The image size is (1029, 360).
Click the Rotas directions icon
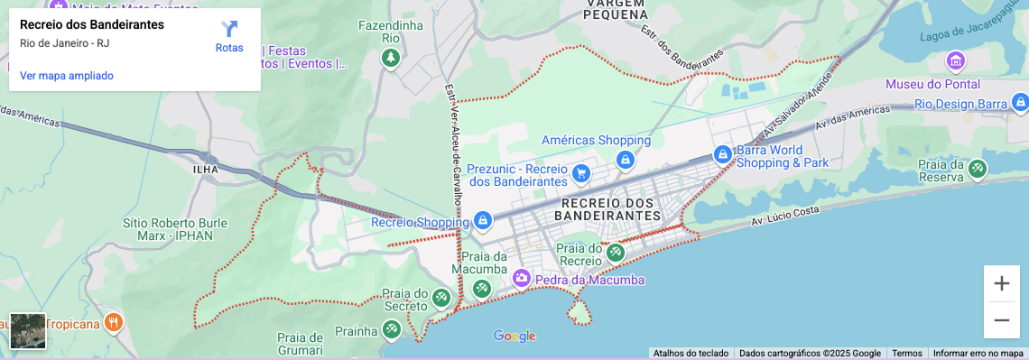tap(229, 29)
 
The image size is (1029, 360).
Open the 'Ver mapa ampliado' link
tap(67, 76)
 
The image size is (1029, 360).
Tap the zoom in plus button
tap(1001, 283)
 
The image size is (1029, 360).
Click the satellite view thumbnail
tap(28, 331)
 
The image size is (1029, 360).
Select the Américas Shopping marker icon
tap(624, 160)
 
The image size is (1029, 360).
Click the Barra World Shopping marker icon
tap(722, 154)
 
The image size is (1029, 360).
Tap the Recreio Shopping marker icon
tap(483, 221)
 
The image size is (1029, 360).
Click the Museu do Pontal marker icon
tap(955, 62)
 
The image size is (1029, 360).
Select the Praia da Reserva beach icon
tap(978, 169)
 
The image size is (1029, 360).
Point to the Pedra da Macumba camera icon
tap(521, 280)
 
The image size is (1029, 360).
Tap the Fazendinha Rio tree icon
tap(390, 59)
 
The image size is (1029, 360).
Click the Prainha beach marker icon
tap(391, 330)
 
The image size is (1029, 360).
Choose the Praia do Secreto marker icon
tap(440, 297)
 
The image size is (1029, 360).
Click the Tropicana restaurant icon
tap(113, 322)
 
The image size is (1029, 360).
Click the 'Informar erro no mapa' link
tap(978, 354)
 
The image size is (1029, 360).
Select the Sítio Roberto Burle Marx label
tap(171, 230)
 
